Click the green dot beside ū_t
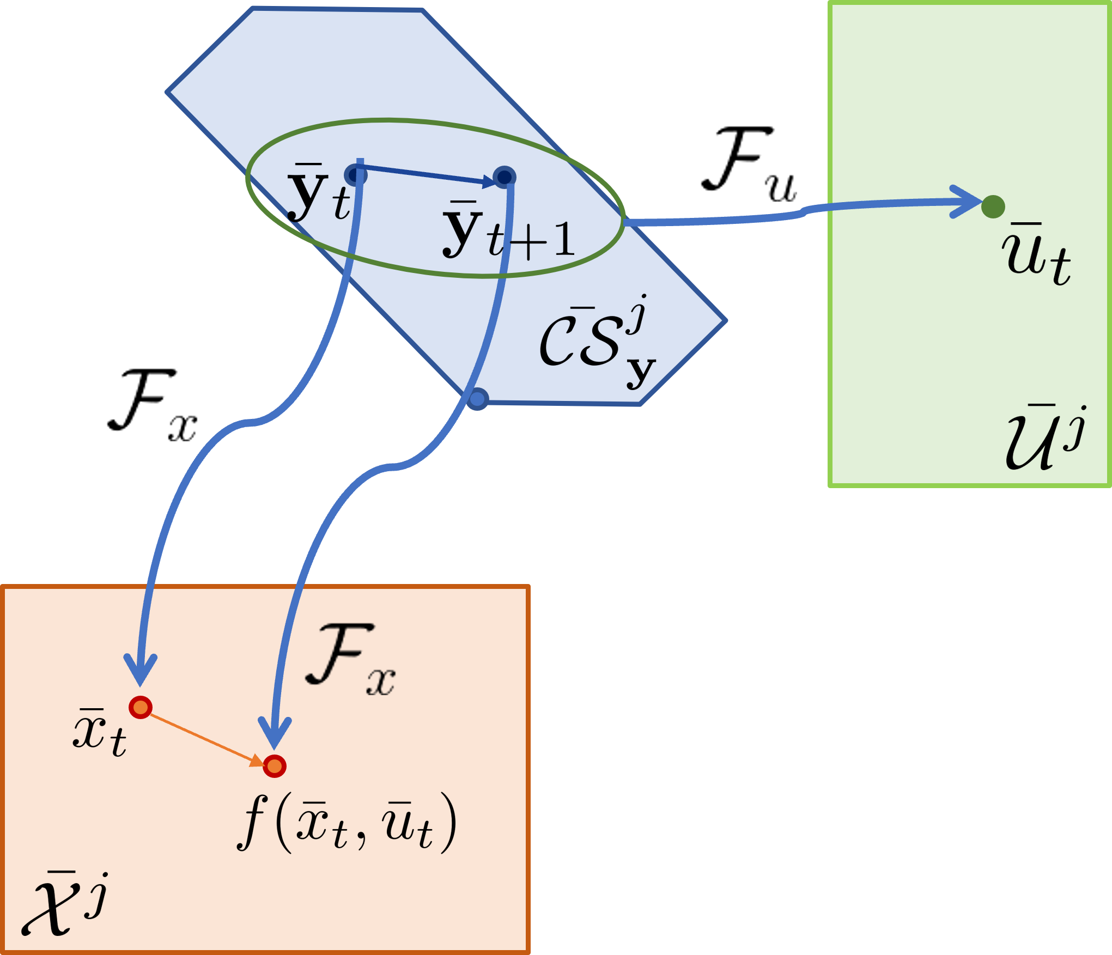pyautogui.click(x=993, y=206)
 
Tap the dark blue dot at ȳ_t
pyautogui.click(x=356, y=175)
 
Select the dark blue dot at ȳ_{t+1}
pyautogui.click(x=505, y=177)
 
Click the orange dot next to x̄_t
pyautogui.click(x=141, y=707)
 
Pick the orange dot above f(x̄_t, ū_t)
pyautogui.click(x=275, y=766)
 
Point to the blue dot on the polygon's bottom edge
pyautogui.click(x=477, y=399)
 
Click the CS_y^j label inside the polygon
pyautogui.click(x=597, y=340)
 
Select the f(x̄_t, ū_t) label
pyautogui.click(x=347, y=822)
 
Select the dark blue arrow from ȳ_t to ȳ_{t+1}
pyautogui.click(x=425, y=173)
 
